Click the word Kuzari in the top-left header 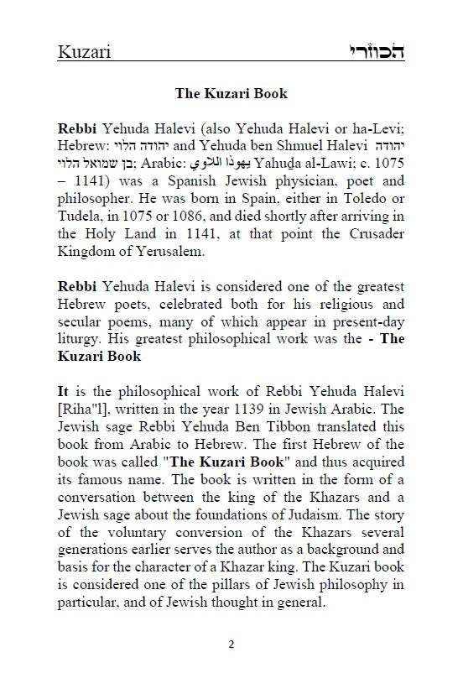click(85, 53)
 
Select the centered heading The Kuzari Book click(231, 93)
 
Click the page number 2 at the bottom click(231, 667)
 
